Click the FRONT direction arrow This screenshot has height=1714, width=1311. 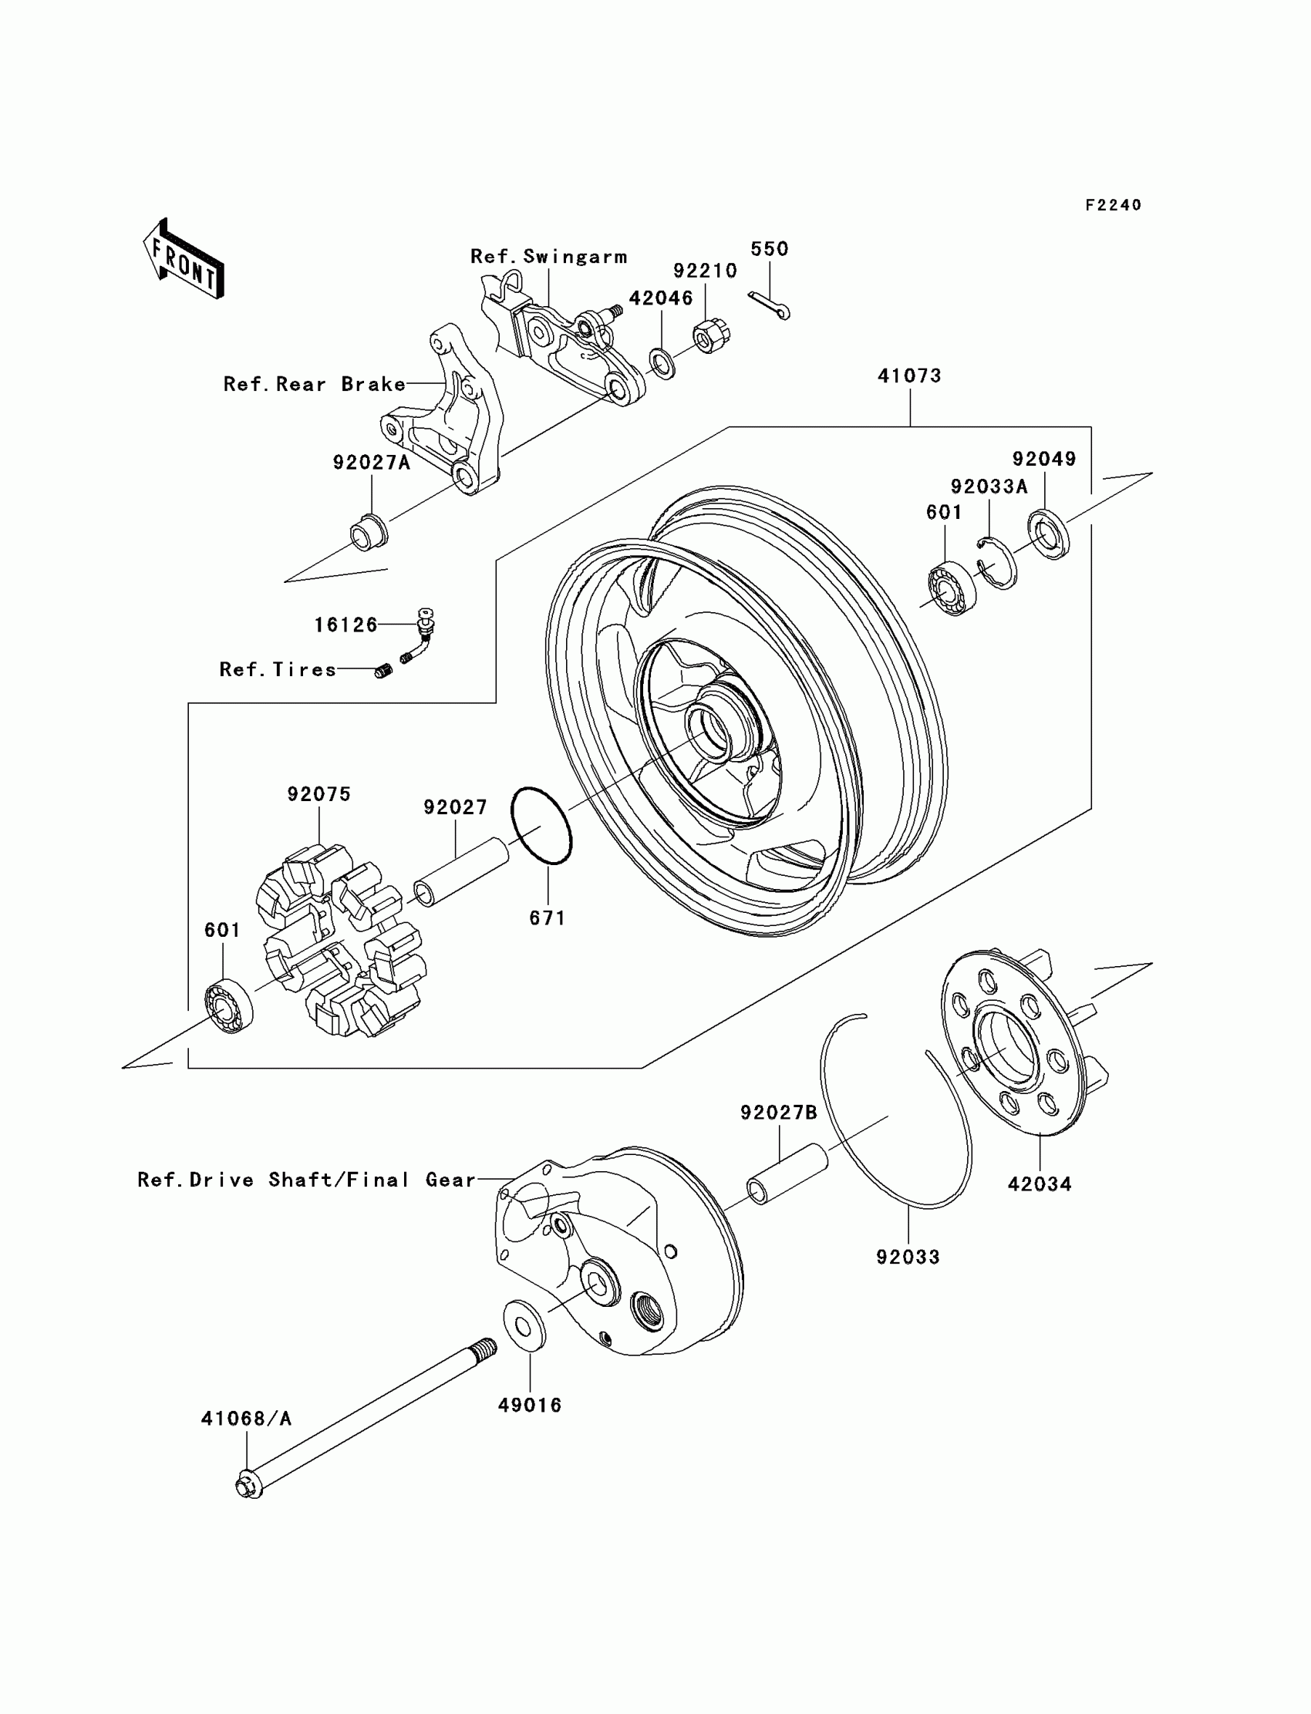[x=184, y=258]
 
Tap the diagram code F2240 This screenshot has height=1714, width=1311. [x=1113, y=205]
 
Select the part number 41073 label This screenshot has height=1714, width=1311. [x=909, y=376]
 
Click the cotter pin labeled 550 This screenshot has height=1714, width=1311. [x=769, y=305]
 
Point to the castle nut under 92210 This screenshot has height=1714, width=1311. [x=706, y=335]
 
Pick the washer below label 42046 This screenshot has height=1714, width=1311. [x=662, y=365]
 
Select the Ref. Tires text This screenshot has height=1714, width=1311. [x=278, y=669]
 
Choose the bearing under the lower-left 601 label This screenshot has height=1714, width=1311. [x=228, y=1005]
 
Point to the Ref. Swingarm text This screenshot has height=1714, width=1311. [x=548, y=257]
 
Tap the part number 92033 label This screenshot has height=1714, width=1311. [x=908, y=1257]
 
